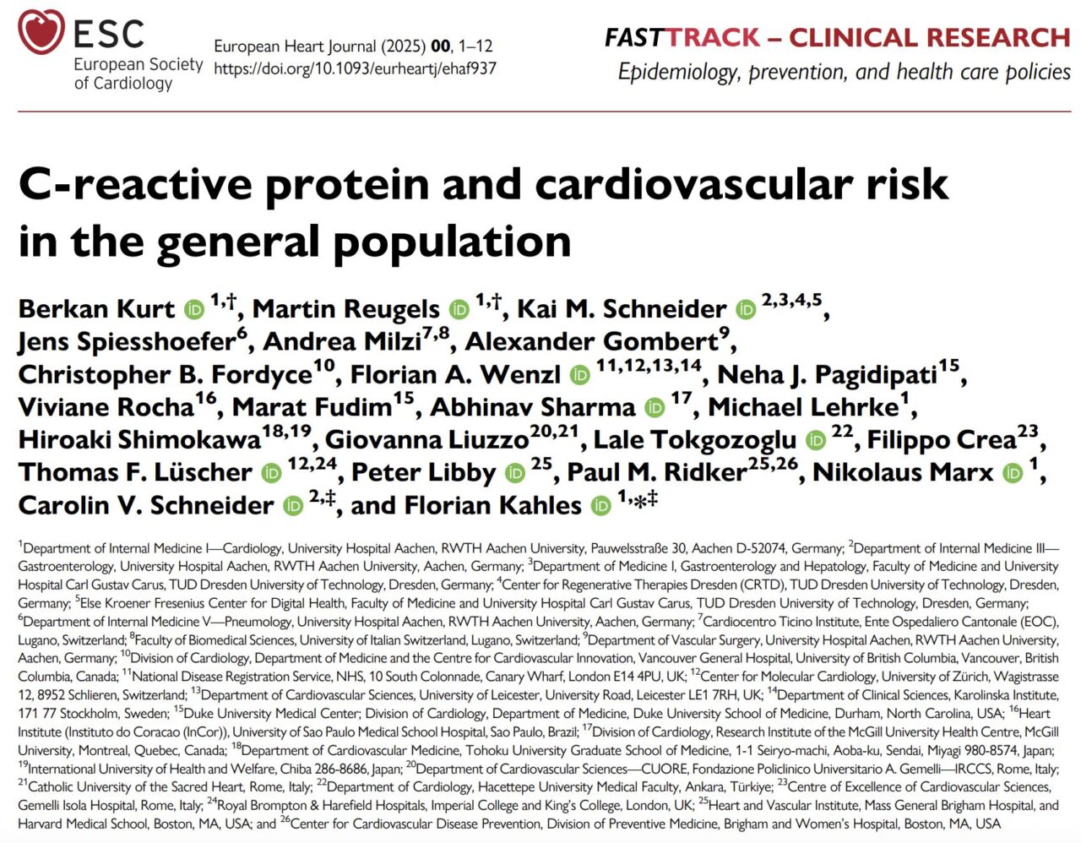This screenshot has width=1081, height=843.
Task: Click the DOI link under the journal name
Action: [x=355, y=68]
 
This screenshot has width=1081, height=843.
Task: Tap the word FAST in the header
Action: [x=633, y=38]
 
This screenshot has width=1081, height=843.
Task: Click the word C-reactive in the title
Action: [x=135, y=185]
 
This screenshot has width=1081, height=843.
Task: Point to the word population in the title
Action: [x=452, y=242]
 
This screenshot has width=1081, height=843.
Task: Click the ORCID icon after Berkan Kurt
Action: [x=194, y=309]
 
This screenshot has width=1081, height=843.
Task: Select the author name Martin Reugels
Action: [x=345, y=309]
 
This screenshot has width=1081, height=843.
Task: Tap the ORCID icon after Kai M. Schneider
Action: [x=746, y=309]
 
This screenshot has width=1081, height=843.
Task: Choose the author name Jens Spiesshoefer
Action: [x=127, y=341]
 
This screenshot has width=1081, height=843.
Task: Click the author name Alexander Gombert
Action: [x=591, y=341]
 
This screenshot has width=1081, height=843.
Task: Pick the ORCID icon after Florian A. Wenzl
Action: [x=579, y=374]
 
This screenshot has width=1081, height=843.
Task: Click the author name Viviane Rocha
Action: [x=106, y=407]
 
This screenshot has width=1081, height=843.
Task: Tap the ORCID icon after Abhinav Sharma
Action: [x=655, y=408]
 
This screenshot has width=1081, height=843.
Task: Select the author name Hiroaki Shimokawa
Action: [x=139, y=440]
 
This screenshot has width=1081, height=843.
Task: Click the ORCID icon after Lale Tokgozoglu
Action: [x=815, y=440]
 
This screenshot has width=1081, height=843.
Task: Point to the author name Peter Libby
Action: [x=423, y=473]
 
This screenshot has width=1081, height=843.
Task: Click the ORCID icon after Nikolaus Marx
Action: [x=1013, y=473]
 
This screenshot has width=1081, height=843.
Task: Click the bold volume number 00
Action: [x=440, y=46]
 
